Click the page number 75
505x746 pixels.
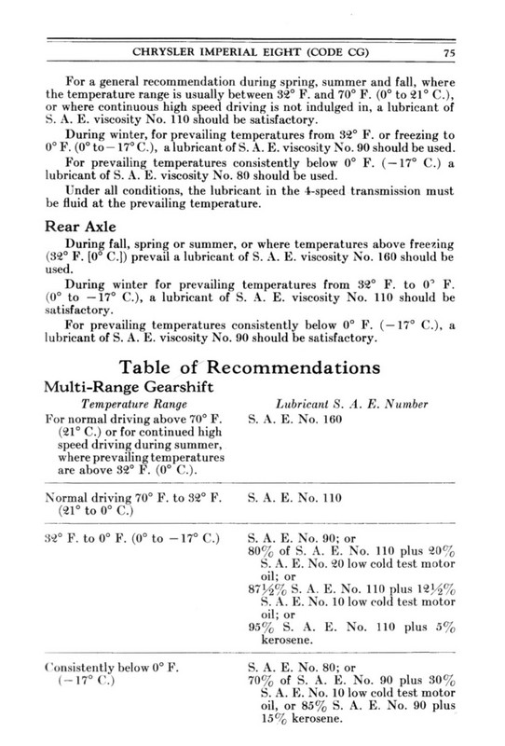point(474,51)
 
